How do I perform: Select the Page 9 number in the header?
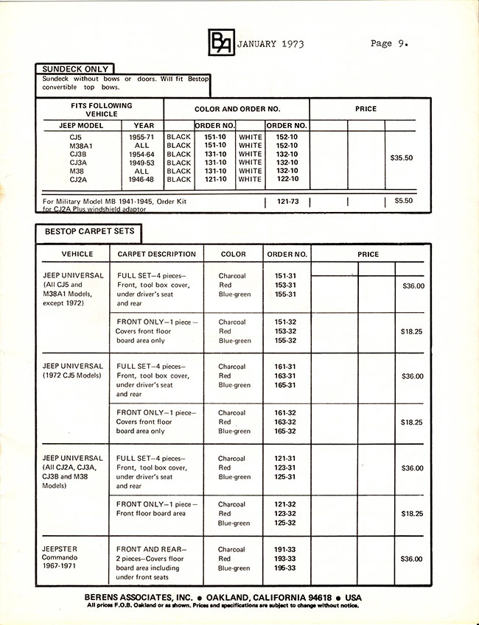pyautogui.click(x=388, y=43)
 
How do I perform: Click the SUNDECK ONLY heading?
pyautogui.click(x=75, y=69)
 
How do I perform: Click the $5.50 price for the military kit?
pyautogui.click(x=404, y=200)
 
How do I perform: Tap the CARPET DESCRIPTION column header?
pyautogui.click(x=156, y=255)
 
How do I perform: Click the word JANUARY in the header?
pyautogui.click(x=257, y=43)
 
